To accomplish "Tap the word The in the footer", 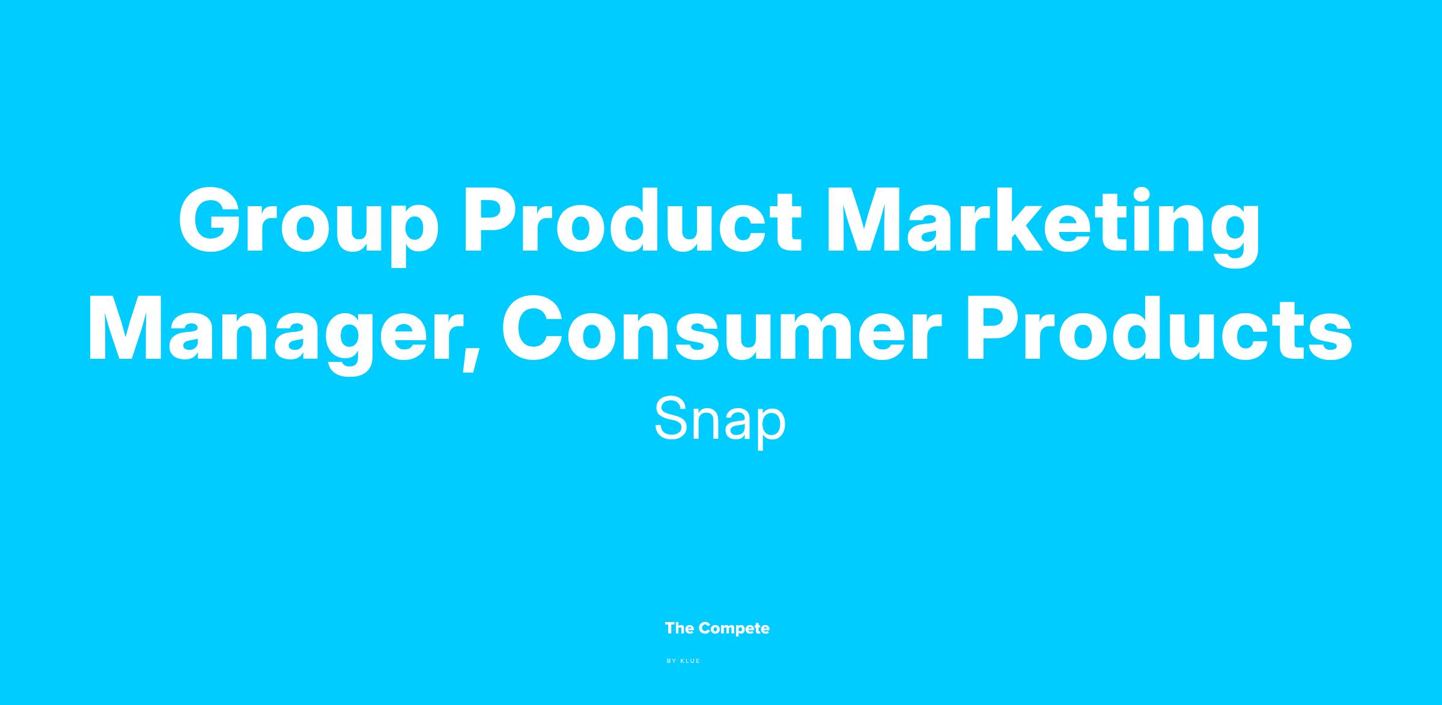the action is coord(680,628).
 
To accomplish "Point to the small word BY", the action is coord(672,661).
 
